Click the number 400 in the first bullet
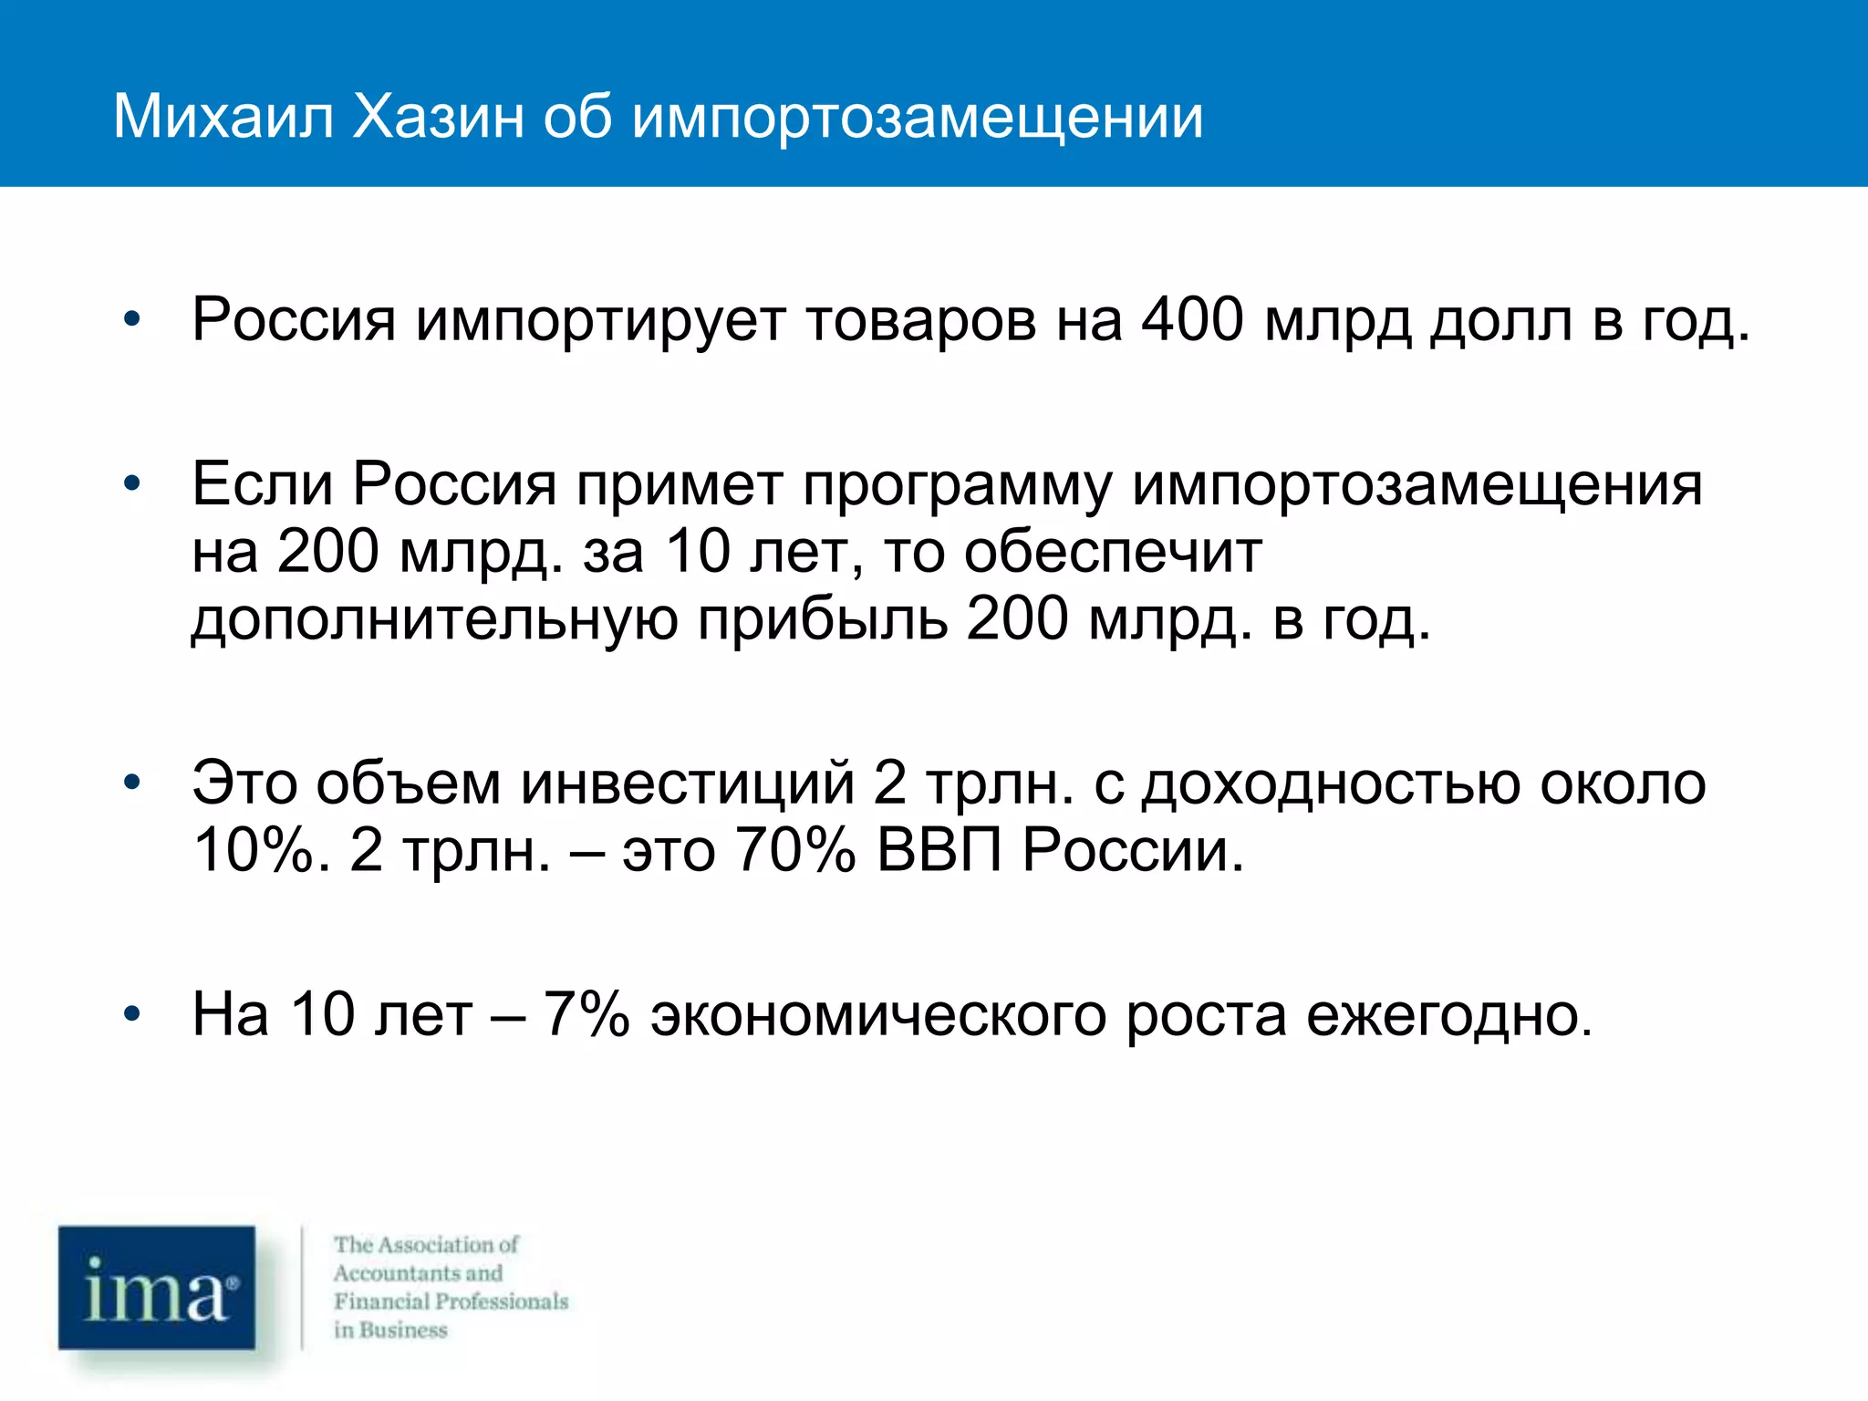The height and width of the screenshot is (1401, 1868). point(1193,320)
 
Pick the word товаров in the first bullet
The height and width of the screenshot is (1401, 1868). point(921,321)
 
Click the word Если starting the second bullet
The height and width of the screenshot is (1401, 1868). point(262,483)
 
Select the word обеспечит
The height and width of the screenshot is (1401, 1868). point(1113,553)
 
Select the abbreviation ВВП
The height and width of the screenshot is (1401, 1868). point(939,851)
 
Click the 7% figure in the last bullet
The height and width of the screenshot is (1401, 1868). point(586,1014)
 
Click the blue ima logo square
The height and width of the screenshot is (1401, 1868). point(157,1287)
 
